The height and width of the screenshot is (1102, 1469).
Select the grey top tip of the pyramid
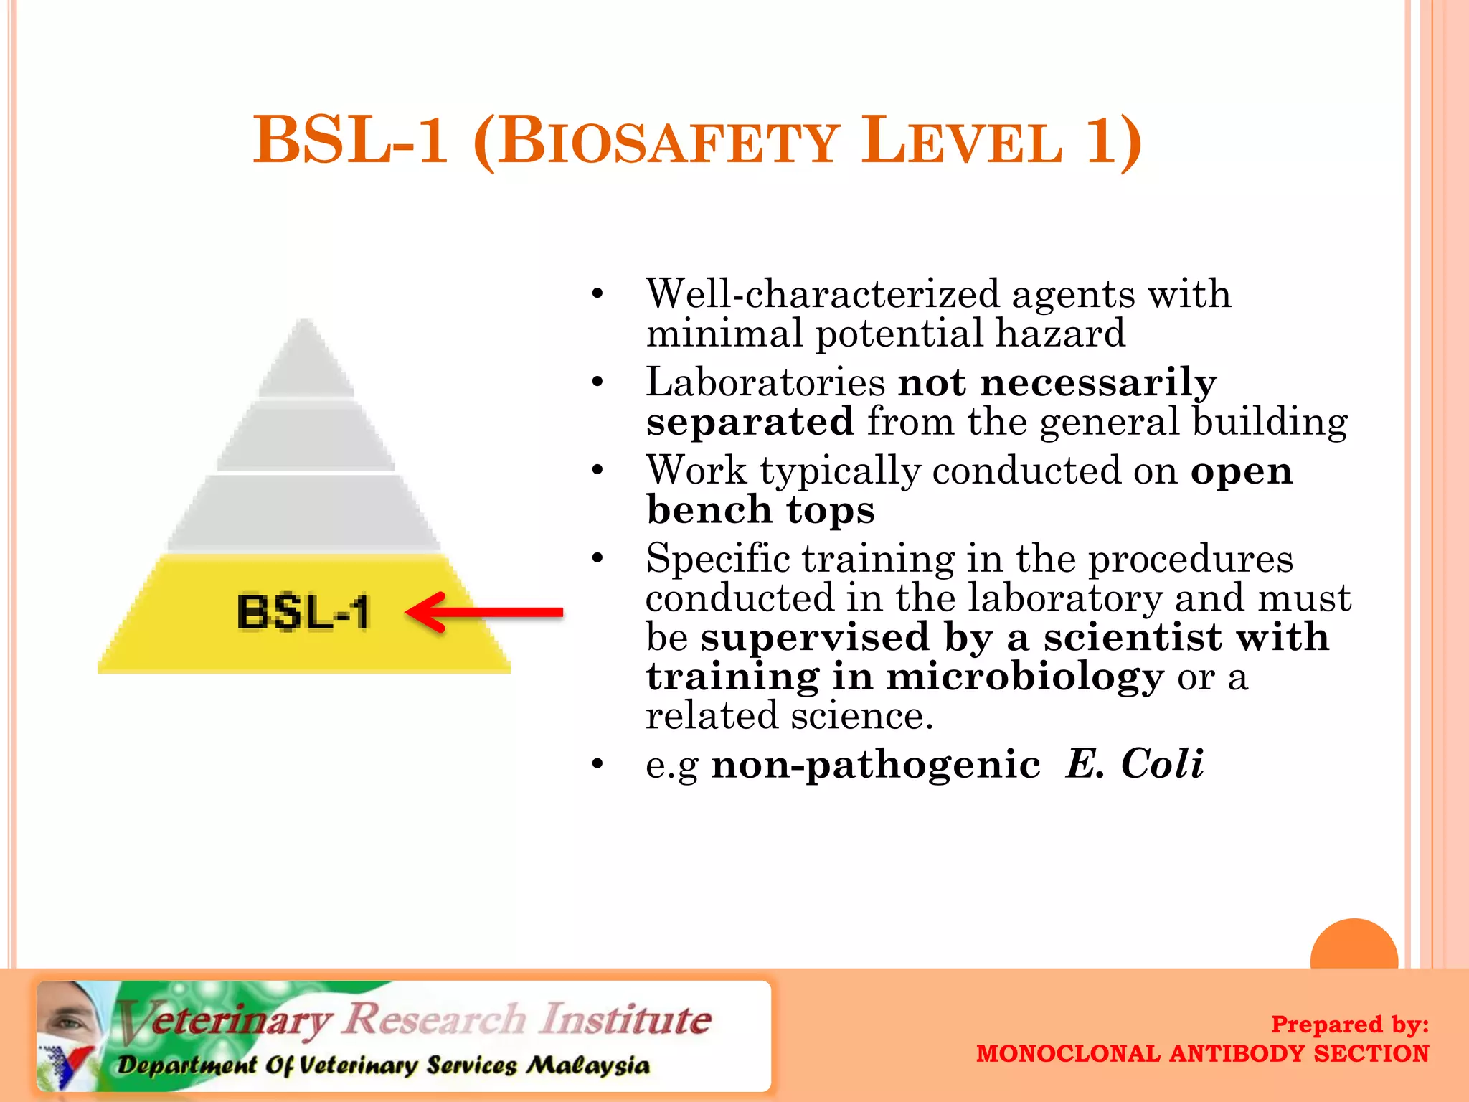(306, 359)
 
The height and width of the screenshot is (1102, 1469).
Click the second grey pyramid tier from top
(306, 436)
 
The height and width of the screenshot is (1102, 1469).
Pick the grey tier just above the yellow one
(304, 512)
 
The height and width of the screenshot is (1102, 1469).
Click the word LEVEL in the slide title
(961, 141)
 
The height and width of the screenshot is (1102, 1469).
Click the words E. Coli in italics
(1133, 763)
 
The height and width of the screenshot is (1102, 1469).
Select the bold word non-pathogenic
(875, 765)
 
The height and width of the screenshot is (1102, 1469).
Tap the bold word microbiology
(1024, 677)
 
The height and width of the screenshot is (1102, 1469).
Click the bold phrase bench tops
(760, 510)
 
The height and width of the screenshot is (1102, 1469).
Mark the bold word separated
(750, 421)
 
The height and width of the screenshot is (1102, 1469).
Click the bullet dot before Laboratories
(597, 382)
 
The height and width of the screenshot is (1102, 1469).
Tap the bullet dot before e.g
(597, 765)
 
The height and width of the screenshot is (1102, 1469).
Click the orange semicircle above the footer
(1354, 946)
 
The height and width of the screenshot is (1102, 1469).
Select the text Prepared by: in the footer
(1349, 1024)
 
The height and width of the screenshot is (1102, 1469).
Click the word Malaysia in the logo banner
(588, 1065)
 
